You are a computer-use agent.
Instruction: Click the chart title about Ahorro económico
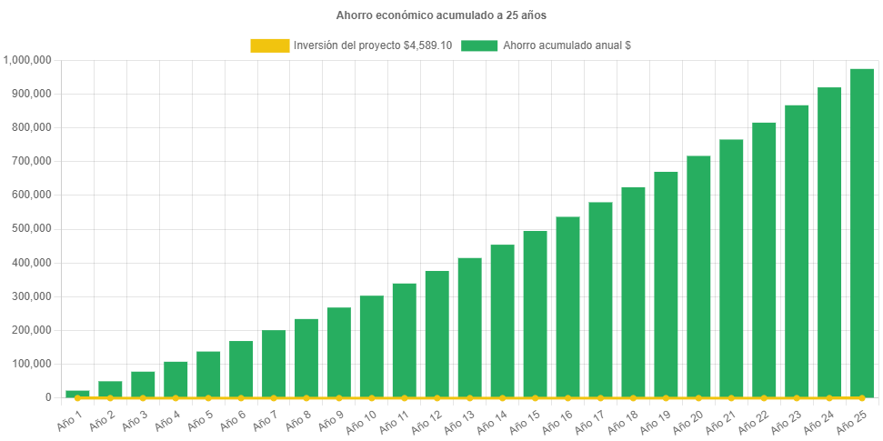441,15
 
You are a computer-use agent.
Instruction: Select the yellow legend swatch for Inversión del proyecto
269,45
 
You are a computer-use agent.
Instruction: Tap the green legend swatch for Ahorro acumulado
479,45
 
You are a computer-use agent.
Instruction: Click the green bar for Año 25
861,233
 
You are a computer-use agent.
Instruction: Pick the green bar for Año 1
77,394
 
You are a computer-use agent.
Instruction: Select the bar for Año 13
469,327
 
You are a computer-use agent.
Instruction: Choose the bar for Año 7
274,364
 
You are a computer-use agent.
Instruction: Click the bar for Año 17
600,299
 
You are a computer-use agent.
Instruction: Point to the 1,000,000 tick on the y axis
28,60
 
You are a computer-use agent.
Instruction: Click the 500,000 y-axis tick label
32,228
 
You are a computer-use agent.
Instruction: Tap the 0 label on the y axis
47,397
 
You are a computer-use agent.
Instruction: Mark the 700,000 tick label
32,161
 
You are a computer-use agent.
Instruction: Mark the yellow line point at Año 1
77,397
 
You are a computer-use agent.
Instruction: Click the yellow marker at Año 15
535,397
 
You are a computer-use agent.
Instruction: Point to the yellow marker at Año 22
764,397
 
